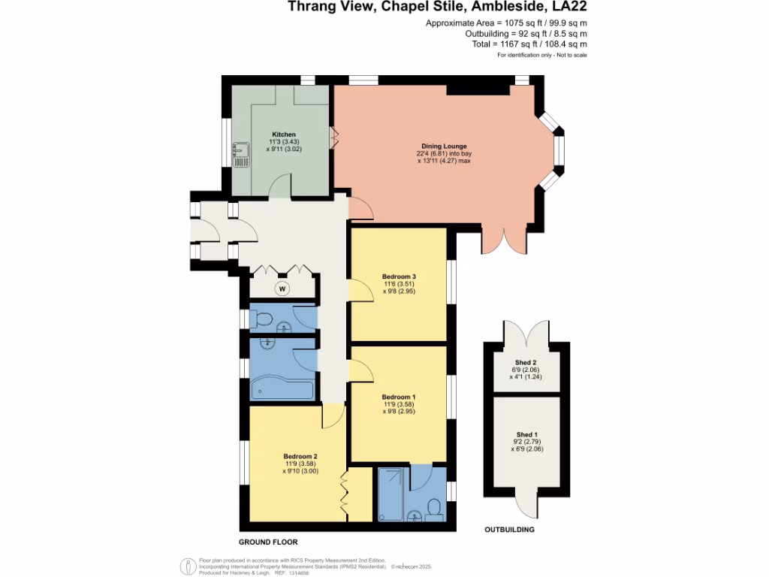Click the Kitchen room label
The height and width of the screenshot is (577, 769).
coord(279,134)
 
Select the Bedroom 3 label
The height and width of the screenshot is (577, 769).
coord(399,276)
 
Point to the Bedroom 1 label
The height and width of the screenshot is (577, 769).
coord(399,397)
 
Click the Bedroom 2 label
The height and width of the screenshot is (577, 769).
coord(300,456)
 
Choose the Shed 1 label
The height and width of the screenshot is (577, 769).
coord(526,434)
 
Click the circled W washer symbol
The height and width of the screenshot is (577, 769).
coord(282,288)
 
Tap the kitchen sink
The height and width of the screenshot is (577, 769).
coord(240,155)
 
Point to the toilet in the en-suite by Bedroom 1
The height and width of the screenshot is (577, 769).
coord(434,511)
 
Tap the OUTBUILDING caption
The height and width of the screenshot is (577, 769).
coord(510,530)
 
